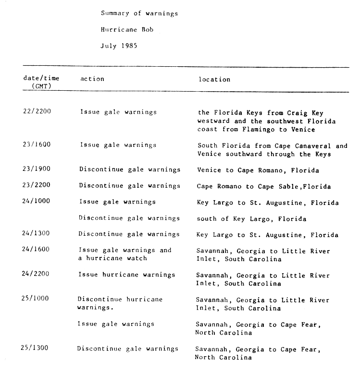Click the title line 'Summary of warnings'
pyautogui.click(x=139, y=13)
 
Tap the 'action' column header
pyautogui.click(x=92, y=79)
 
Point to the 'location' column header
pyautogui.click(x=214, y=79)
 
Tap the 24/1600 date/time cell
pyautogui.click(x=37, y=250)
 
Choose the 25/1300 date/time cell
pyautogui.click(x=35, y=348)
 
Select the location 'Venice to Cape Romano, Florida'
pyautogui.click(x=258, y=170)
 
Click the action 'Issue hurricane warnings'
pyautogui.click(x=127, y=275)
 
